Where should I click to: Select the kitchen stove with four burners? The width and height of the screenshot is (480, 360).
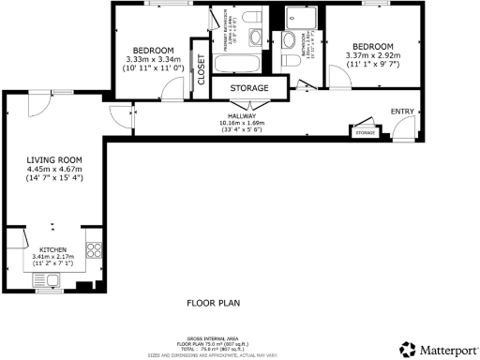[94, 249]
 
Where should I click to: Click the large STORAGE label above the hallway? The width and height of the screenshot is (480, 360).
[246, 88]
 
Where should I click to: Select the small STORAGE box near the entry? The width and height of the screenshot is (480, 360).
[365, 133]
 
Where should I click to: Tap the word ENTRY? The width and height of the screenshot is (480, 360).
[402, 111]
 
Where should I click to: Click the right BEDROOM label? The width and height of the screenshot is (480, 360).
[373, 46]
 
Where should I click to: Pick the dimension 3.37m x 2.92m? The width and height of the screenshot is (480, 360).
[373, 55]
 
